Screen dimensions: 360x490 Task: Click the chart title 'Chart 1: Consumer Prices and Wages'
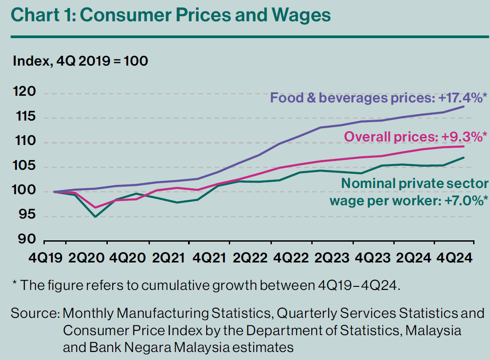coord(171,16)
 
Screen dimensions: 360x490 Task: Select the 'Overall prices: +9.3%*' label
coord(416,137)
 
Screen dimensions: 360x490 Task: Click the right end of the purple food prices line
coord(464,106)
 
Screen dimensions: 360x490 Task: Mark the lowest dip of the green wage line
coord(95,217)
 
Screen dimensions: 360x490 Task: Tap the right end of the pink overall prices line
coord(464,146)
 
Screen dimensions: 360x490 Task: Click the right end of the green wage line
coord(464,157)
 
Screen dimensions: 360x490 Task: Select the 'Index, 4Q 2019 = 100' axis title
coord(80,61)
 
